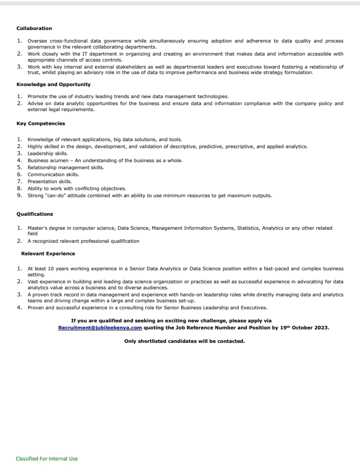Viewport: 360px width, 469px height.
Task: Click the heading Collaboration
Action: (34, 28)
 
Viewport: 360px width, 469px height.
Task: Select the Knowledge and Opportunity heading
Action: (54, 85)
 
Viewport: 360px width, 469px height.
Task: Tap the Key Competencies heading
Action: (41, 123)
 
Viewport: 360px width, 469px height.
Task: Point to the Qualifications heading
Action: (35, 214)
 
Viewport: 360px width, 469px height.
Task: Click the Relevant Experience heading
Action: (48, 254)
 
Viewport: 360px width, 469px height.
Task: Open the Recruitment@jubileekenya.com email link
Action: (100, 328)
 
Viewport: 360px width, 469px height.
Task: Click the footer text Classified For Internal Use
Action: (47, 458)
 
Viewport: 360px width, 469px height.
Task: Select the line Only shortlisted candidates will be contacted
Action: (184, 341)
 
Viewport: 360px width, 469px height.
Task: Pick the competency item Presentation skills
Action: (50, 182)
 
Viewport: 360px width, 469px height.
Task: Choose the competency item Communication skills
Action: (53, 175)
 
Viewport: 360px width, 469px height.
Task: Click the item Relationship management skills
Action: (66, 168)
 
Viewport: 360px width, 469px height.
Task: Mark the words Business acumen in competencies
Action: (47, 161)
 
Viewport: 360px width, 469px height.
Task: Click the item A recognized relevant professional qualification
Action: (83, 241)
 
